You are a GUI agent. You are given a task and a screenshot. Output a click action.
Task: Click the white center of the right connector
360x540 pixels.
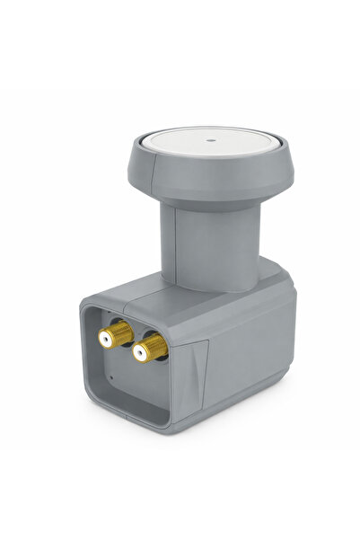pyautogui.click(x=141, y=354)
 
